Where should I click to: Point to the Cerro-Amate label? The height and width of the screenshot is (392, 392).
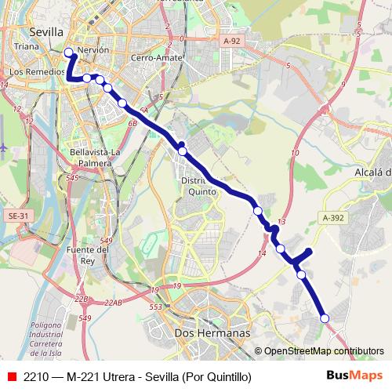pos(157,58)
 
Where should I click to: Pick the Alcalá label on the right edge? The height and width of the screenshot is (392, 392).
pos(372,172)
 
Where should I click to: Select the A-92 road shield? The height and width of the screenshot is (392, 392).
pos(231,41)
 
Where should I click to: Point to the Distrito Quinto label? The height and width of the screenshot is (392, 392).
pos(199,186)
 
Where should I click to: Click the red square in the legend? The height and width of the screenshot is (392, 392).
pos(11,376)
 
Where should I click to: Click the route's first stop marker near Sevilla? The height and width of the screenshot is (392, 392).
pos(68,53)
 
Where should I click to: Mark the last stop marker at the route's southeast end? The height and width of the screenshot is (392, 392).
pos(325,318)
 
